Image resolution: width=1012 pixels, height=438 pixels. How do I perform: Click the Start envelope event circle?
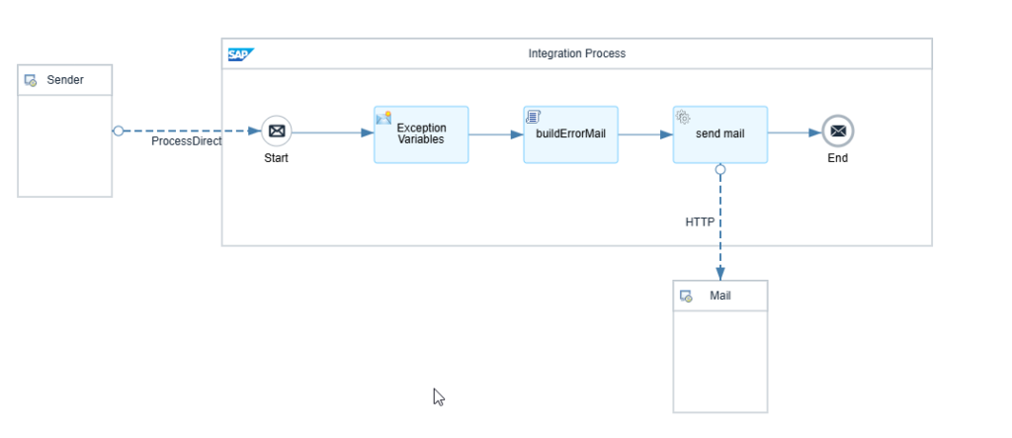(x=277, y=131)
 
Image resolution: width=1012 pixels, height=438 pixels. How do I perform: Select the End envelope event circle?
(x=838, y=131)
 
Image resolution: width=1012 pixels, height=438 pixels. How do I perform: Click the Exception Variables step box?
(x=421, y=134)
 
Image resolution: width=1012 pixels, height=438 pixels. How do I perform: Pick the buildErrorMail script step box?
(x=570, y=134)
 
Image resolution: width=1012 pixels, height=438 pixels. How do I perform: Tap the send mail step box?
(x=720, y=134)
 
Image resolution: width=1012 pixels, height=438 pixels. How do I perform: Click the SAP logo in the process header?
(x=241, y=54)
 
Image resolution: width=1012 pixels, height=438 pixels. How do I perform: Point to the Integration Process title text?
(x=577, y=53)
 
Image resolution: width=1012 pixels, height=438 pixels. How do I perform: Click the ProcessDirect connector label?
(x=187, y=141)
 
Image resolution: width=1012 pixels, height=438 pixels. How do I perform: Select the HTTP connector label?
(x=700, y=222)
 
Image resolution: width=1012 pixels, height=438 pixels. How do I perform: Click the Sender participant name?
(x=65, y=80)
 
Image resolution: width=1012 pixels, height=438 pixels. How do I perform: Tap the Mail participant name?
(x=720, y=296)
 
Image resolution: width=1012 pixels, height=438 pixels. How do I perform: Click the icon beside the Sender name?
(x=31, y=81)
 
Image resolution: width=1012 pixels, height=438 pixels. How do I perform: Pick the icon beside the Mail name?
(x=686, y=297)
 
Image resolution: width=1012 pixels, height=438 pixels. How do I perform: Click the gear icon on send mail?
(x=683, y=117)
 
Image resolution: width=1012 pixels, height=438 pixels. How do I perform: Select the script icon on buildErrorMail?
(x=533, y=117)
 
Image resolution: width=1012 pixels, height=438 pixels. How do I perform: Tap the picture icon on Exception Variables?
(x=383, y=118)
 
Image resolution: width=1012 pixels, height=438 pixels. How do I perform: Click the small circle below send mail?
(x=720, y=169)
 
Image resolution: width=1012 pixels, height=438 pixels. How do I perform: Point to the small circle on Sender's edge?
(x=119, y=131)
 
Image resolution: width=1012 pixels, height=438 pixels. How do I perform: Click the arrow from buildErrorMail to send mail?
(x=645, y=134)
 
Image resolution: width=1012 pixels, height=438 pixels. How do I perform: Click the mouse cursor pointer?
(x=439, y=397)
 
